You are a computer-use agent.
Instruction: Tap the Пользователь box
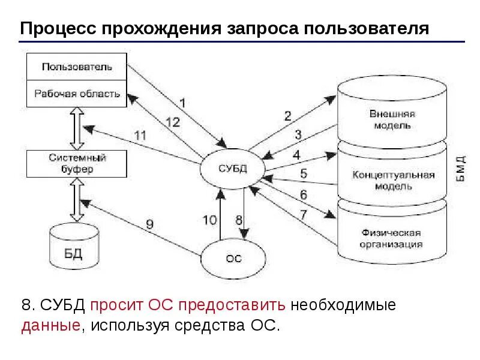pyautogui.click(x=77, y=67)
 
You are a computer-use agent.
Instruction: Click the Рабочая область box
pyautogui.click(x=77, y=94)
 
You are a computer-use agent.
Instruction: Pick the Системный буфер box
pyautogui.click(x=77, y=164)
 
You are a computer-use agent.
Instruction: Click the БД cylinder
pyautogui.click(x=73, y=251)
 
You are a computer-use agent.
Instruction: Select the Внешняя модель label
pyautogui.click(x=393, y=119)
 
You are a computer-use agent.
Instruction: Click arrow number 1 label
pyautogui.click(x=182, y=102)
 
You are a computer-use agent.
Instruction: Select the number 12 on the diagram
pyautogui.click(x=172, y=122)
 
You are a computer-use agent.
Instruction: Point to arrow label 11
pyautogui.click(x=139, y=135)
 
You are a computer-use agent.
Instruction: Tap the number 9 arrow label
pyautogui.click(x=149, y=224)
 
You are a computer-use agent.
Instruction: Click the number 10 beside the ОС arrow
pyautogui.click(x=209, y=220)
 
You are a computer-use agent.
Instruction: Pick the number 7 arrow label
pyautogui.click(x=304, y=214)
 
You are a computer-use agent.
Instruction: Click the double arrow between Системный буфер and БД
pyautogui.click(x=77, y=200)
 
